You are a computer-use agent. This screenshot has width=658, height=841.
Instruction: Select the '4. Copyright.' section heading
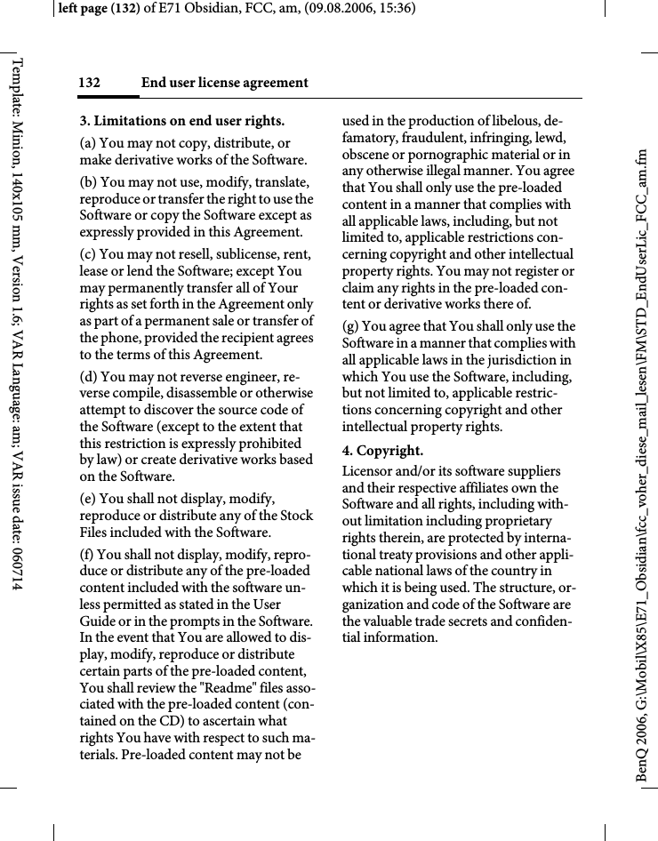coord(382,451)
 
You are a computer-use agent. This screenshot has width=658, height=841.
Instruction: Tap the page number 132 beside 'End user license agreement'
coord(89,84)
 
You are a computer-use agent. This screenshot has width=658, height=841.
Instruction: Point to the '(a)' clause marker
coord(88,143)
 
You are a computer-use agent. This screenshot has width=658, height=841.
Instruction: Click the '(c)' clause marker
coord(88,254)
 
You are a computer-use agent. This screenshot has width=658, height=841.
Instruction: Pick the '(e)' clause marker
coord(88,498)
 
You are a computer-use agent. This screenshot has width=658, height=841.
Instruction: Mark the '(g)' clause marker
coord(352,326)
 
